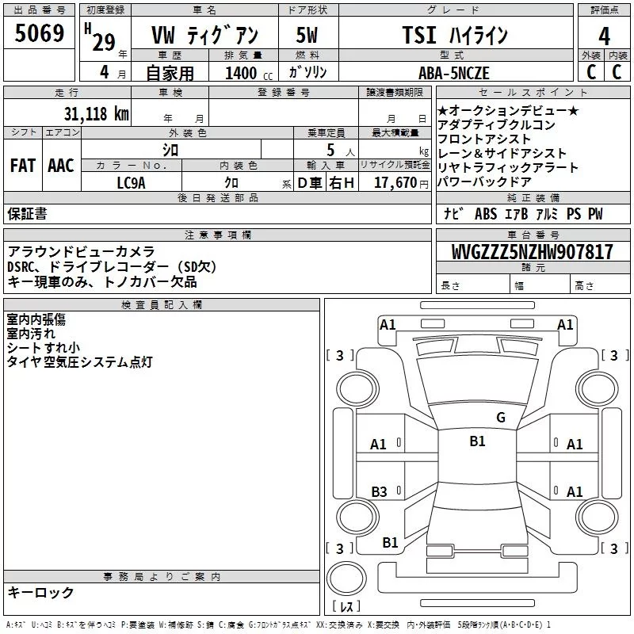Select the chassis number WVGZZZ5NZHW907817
(521, 253)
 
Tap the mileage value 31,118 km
(96, 113)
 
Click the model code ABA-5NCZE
(454, 72)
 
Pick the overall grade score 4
(604, 36)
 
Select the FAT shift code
(22, 166)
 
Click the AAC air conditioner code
(60, 166)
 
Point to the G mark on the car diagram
(500, 418)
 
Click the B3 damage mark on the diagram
(379, 492)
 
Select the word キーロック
(40, 592)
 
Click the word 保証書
(27, 213)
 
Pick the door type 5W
(306, 36)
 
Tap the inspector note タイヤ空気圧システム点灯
(79, 362)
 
